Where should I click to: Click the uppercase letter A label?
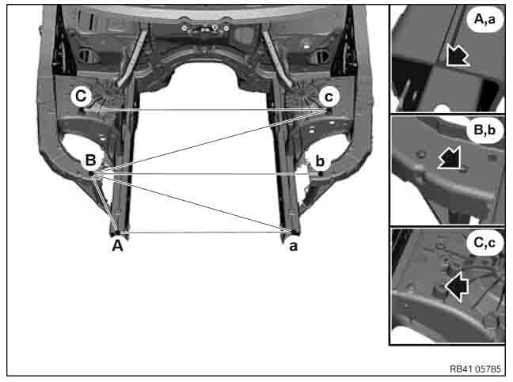point(117,245)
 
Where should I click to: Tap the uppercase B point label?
point(90,161)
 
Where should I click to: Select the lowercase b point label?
point(320,161)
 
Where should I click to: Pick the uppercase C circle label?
point(81,96)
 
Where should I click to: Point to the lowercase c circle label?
point(329,96)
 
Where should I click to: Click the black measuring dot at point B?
point(91,173)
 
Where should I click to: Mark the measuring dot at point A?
point(118,233)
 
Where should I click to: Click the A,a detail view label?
point(484,20)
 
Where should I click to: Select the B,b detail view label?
point(484,130)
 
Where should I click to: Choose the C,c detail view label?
point(484,243)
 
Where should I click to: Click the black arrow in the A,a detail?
point(457,55)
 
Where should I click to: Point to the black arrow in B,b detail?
point(450,158)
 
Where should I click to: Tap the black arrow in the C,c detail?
point(457,286)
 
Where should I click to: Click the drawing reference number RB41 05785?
point(475,369)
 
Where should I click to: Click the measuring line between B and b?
point(206,174)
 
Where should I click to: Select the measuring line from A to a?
point(205,232)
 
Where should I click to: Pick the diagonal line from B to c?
point(209,142)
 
